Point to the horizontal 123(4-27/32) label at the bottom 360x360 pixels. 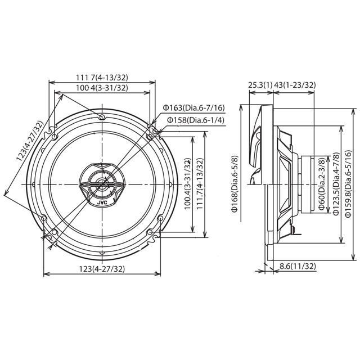[101, 269]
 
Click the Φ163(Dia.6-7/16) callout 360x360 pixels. [193, 107]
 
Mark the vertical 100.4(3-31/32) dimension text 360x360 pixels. [187, 184]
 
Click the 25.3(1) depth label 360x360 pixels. [260, 85]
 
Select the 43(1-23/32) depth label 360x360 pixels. [295, 85]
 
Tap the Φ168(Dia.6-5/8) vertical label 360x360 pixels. [234, 184]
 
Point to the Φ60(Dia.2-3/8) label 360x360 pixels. [320, 184]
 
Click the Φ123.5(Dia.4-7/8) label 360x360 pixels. [335, 184]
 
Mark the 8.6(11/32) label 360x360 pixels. [299, 266]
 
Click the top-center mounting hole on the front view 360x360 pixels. [101, 117]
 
